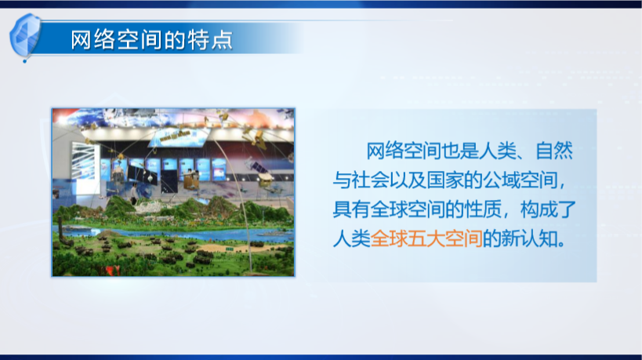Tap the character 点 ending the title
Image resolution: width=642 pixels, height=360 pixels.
pos(223,41)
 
